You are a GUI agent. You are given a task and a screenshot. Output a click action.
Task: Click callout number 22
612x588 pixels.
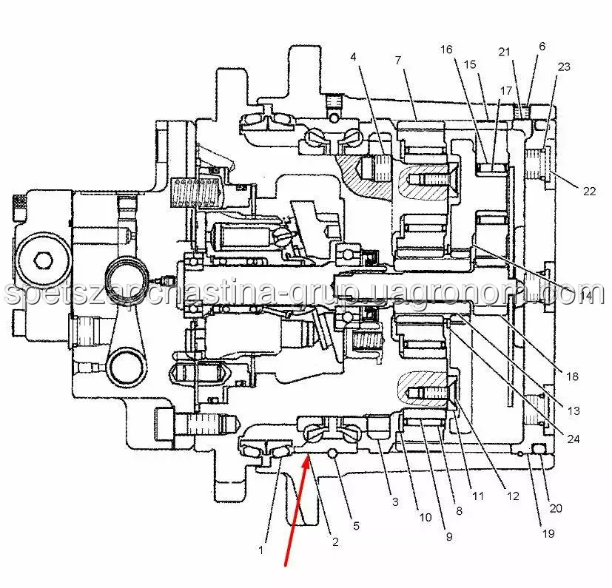pyautogui.click(x=589, y=191)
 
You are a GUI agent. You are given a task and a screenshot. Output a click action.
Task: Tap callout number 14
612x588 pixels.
pyautogui.click(x=586, y=296)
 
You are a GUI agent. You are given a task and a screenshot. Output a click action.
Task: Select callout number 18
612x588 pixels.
pyautogui.click(x=571, y=376)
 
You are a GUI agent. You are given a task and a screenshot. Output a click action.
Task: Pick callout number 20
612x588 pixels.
pyautogui.click(x=556, y=508)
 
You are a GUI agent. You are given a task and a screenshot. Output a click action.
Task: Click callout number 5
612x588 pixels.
pyautogui.click(x=356, y=526)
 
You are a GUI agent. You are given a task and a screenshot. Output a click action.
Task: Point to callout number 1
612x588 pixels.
pyautogui.click(x=260, y=550)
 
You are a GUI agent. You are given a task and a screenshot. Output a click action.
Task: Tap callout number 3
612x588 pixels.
pyautogui.click(x=395, y=502)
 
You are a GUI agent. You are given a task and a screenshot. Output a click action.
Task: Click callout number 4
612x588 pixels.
pyautogui.click(x=354, y=56)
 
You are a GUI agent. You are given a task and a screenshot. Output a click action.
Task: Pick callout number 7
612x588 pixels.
pyautogui.click(x=397, y=59)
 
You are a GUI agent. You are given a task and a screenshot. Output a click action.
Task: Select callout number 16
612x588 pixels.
pyautogui.click(x=445, y=50)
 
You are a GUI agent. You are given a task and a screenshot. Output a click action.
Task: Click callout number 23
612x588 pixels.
pyautogui.click(x=564, y=67)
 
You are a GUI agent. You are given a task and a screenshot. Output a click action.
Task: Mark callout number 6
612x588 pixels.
pyautogui.click(x=542, y=46)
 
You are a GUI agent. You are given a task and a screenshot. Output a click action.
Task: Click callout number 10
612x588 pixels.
pyautogui.click(x=425, y=518)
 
